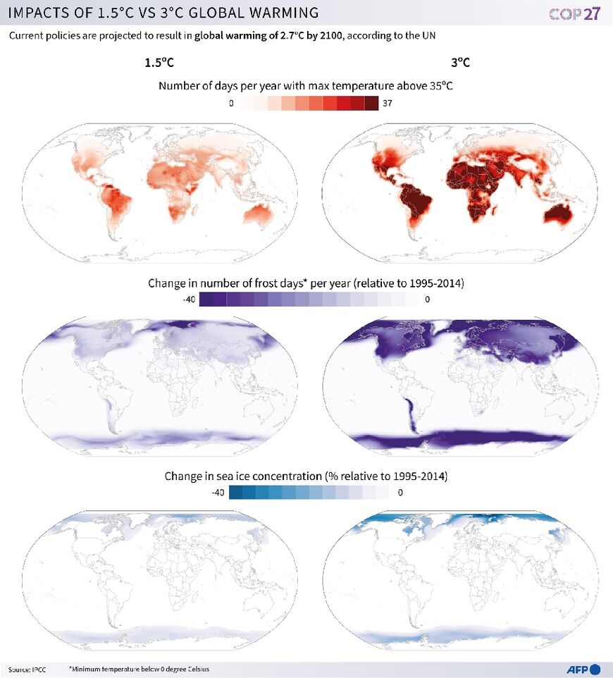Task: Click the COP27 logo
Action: pos(574,13)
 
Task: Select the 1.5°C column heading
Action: pos(159,62)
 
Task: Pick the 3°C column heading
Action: pos(460,62)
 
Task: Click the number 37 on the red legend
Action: pos(387,104)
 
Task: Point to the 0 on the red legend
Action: pos(231,104)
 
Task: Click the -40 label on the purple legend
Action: pos(189,300)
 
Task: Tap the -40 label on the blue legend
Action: pos(218,493)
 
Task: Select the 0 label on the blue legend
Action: pos(400,493)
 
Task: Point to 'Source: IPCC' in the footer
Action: pos(27,668)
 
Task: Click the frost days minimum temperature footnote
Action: pos(139,668)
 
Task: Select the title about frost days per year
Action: pos(306,283)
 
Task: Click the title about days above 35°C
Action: pos(306,86)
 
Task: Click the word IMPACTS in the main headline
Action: pos(41,13)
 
